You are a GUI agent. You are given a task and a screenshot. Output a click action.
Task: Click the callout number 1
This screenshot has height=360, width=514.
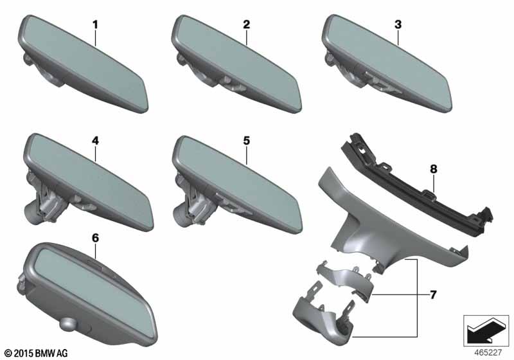coord(95,24)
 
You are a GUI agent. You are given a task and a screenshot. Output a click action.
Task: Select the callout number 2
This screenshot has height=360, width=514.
coord(246,24)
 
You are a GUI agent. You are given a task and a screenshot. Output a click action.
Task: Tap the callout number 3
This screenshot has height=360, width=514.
coord(398,24)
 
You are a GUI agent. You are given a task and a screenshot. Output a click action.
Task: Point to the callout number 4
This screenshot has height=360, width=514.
coord(95,141)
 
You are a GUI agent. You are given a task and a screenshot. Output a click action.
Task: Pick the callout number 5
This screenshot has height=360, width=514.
coord(246,141)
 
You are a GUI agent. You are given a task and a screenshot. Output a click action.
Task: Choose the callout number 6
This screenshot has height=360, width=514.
coord(95,238)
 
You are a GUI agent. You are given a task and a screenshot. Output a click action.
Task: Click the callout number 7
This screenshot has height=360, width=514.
coord(433,295)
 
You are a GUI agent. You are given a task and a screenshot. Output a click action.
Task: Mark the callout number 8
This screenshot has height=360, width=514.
coord(433,169)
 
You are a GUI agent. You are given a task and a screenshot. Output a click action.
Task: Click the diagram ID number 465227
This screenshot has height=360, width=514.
coord(488,353)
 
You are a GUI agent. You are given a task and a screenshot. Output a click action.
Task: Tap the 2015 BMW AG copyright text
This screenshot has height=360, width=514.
coord(37,353)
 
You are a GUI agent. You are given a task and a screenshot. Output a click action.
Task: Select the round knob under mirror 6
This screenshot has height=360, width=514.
coord(68,325)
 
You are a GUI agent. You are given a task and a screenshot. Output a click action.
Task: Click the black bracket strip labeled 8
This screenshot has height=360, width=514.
coord(416,184)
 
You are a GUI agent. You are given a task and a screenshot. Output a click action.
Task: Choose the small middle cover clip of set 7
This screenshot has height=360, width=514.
coord(344,280)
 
